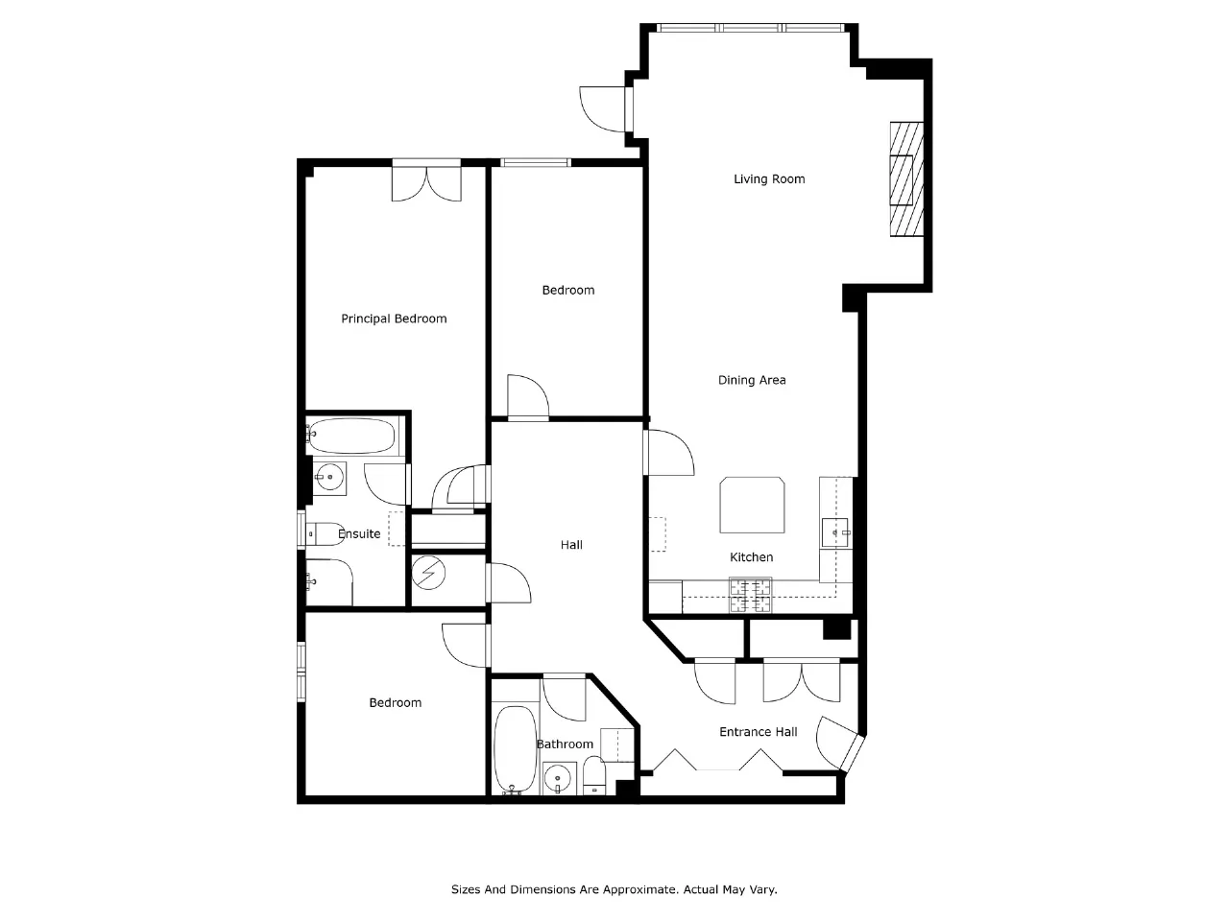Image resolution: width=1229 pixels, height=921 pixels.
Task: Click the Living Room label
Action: (769, 179)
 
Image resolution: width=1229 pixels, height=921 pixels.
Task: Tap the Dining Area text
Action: (752, 380)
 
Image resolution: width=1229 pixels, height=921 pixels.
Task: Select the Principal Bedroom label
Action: (394, 319)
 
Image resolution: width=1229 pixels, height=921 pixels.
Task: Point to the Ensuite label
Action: (359, 534)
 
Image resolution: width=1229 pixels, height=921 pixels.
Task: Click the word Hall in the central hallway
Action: (571, 545)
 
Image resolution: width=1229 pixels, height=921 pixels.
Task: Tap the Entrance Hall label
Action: (759, 732)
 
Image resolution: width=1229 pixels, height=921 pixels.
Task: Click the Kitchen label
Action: (752, 557)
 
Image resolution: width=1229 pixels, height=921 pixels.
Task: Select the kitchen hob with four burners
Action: (750, 595)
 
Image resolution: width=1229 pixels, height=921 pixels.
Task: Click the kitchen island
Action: (752, 505)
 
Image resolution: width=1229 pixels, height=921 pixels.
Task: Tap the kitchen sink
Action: (836, 532)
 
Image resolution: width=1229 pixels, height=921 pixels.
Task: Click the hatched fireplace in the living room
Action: (906, 179)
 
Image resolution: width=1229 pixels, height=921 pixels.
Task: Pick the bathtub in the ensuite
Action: (351, 437)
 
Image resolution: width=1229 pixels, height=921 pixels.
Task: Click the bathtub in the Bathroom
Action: (515, 750)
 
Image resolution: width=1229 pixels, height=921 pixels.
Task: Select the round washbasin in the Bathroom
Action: (558, 778)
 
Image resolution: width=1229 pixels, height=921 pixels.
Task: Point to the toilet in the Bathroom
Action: (594, 775)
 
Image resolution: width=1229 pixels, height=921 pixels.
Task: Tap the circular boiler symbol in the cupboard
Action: (428, 573)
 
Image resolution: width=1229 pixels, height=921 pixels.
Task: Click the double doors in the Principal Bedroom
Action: (426, 180)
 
